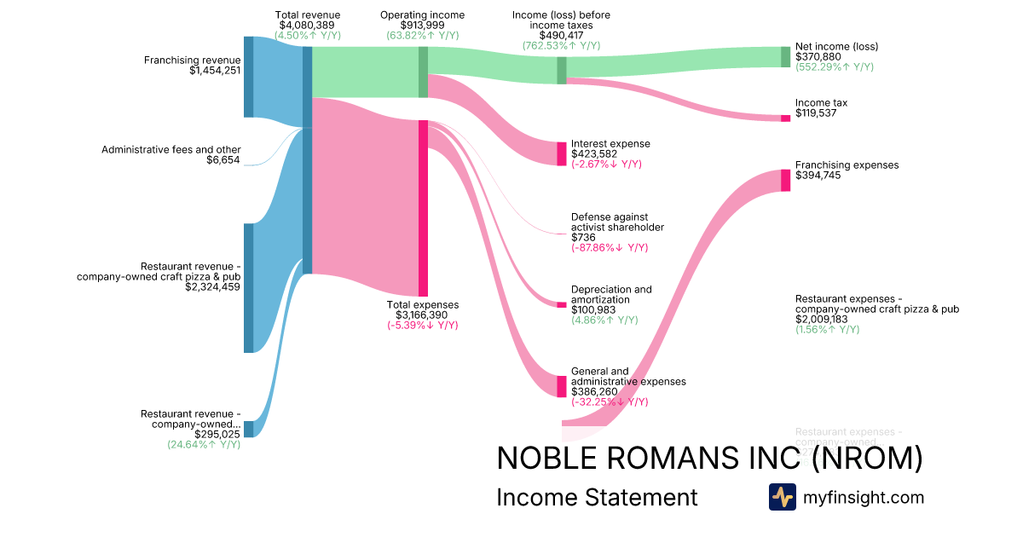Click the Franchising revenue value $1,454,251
pyautogui.click(x=216, y=71)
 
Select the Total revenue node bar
pyautogui.click(x=307, y=160)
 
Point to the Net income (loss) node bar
pyautogui.click(x=785, y=56)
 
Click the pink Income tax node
pyautogui.click(x=785, y=118)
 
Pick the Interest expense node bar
pyautogui.click(x=561, y=153)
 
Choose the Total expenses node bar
pyautogui.click(x=423, y=208)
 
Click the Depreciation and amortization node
pyautogui.click(x=561, y=304)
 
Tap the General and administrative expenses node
pyautogui.click(x=561, y=386)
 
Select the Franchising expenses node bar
pyautogui.click(x=785, y=180)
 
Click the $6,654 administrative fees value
pyautogui.click(x=223, y=160)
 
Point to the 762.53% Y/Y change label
pyautogui.click(x=561, y=45)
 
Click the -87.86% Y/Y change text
pyautogui.click(x=610, y=248)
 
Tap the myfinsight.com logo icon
pyautogui.click(x=782, y=497)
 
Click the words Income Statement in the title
pyautogui.click(x=597, y=497)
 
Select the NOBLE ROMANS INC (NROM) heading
pyautogui.click(x=709, y=459)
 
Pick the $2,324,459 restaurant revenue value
pyautogui.click(x=213, y=287)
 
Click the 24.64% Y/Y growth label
pyautogui.click(x=204, y=444)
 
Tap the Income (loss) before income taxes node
pyautogui.click(x=561, y=70)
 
